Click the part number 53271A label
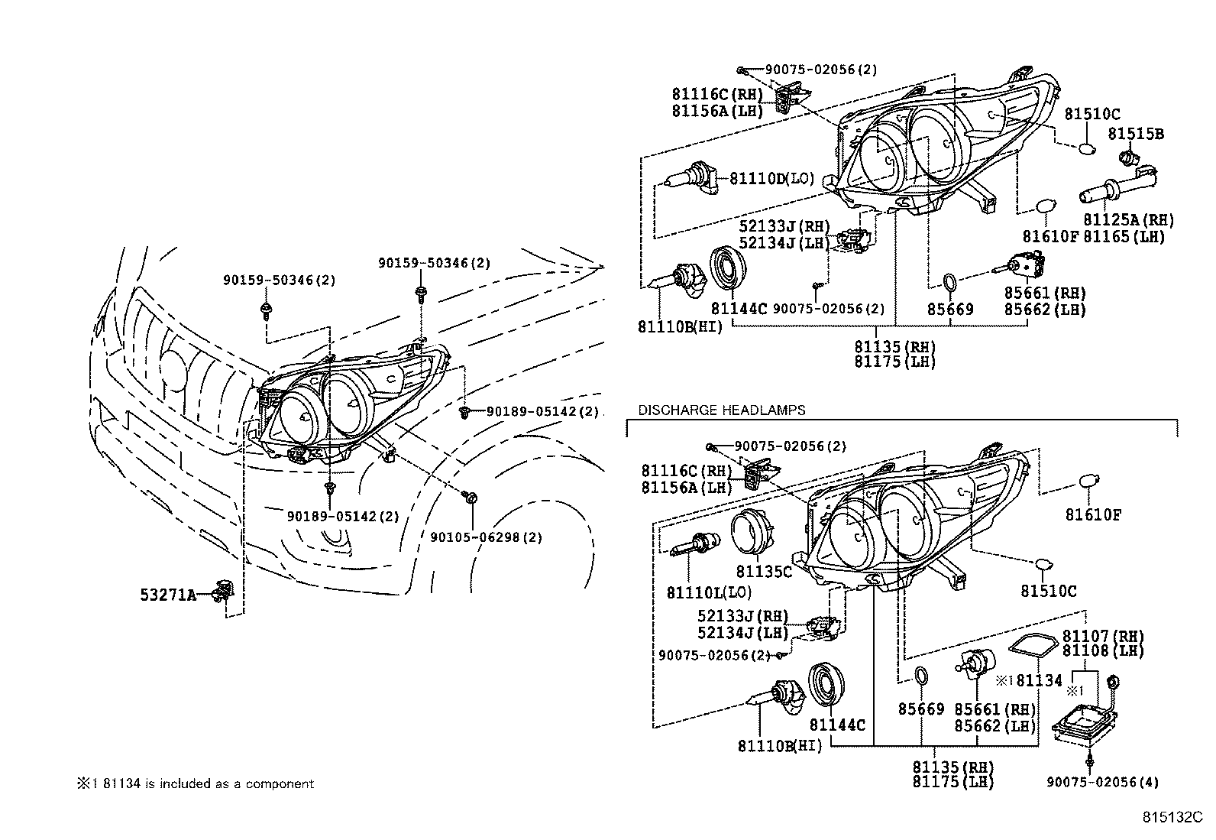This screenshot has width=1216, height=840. (x=167, y=595)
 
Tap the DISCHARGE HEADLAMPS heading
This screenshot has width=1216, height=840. (x=721, y=410)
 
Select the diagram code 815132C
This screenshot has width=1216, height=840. (x=1172, y=817)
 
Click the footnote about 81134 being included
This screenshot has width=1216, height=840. (x=195, y=783)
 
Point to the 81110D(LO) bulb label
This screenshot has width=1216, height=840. (x=771, y=179)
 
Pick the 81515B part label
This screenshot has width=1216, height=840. (x=1136, y=135)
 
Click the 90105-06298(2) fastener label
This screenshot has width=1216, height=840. (x=486, y=537)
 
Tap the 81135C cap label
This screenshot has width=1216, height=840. (x=764, y=572)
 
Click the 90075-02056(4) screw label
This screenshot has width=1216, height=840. (x=1102, y=782)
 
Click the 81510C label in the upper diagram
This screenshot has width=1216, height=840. (x=1092, y=115)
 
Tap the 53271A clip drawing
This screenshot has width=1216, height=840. (x=223, y=590)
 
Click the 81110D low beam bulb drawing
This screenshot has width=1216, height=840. (x=157, y=177)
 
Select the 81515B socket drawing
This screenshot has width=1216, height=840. (x=1127, y=158)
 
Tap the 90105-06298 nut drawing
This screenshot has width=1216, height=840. (x=471, y=498)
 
